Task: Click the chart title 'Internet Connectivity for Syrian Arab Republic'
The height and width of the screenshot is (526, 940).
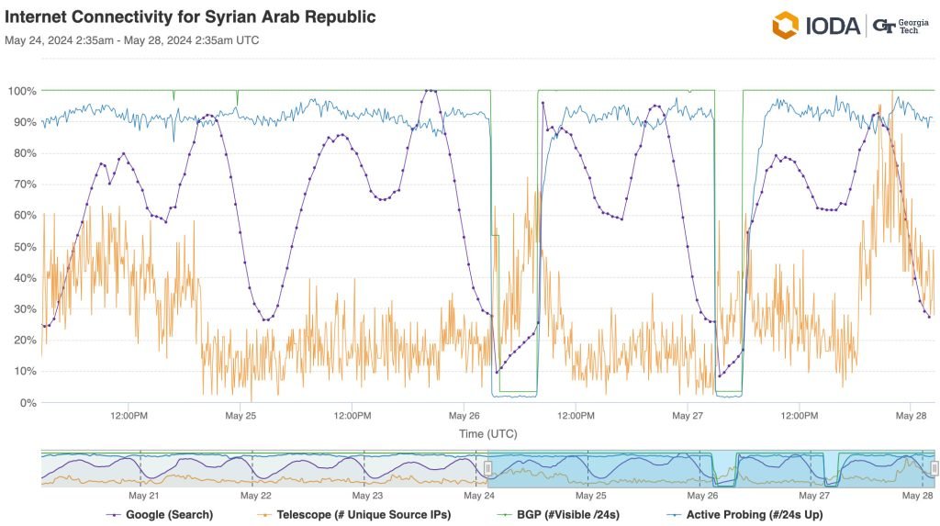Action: tap(190, 17)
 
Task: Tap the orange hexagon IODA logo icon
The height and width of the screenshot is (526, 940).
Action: tap(786, 26)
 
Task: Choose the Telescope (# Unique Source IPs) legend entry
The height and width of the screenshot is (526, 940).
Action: tap(359, 514)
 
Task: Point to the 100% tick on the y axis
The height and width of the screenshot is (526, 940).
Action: tap(22, 91)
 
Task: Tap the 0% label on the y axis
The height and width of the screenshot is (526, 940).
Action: tap(27, 402)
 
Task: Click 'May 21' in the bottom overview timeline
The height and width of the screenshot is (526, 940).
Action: tap(144, 495)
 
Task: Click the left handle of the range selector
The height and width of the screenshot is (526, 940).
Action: tap(488, 468)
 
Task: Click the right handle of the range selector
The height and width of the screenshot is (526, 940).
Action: tap(934, 468)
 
